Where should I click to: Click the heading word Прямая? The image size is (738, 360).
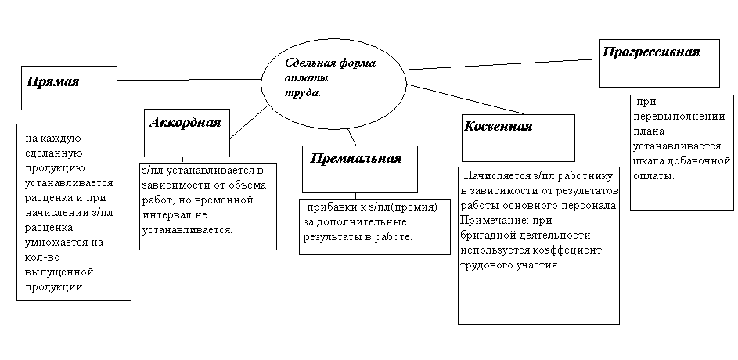[x=53, y=82]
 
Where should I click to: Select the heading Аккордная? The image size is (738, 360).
[x=185, y=122]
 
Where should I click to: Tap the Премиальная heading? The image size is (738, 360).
[x=356, y=158]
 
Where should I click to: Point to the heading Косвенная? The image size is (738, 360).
[x=498, y=126]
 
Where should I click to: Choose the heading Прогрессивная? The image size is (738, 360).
[x=651, y=52]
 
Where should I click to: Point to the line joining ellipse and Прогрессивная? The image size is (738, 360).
[x=501, y=63]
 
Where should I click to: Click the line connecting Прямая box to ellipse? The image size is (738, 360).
[x=188, y=79]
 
